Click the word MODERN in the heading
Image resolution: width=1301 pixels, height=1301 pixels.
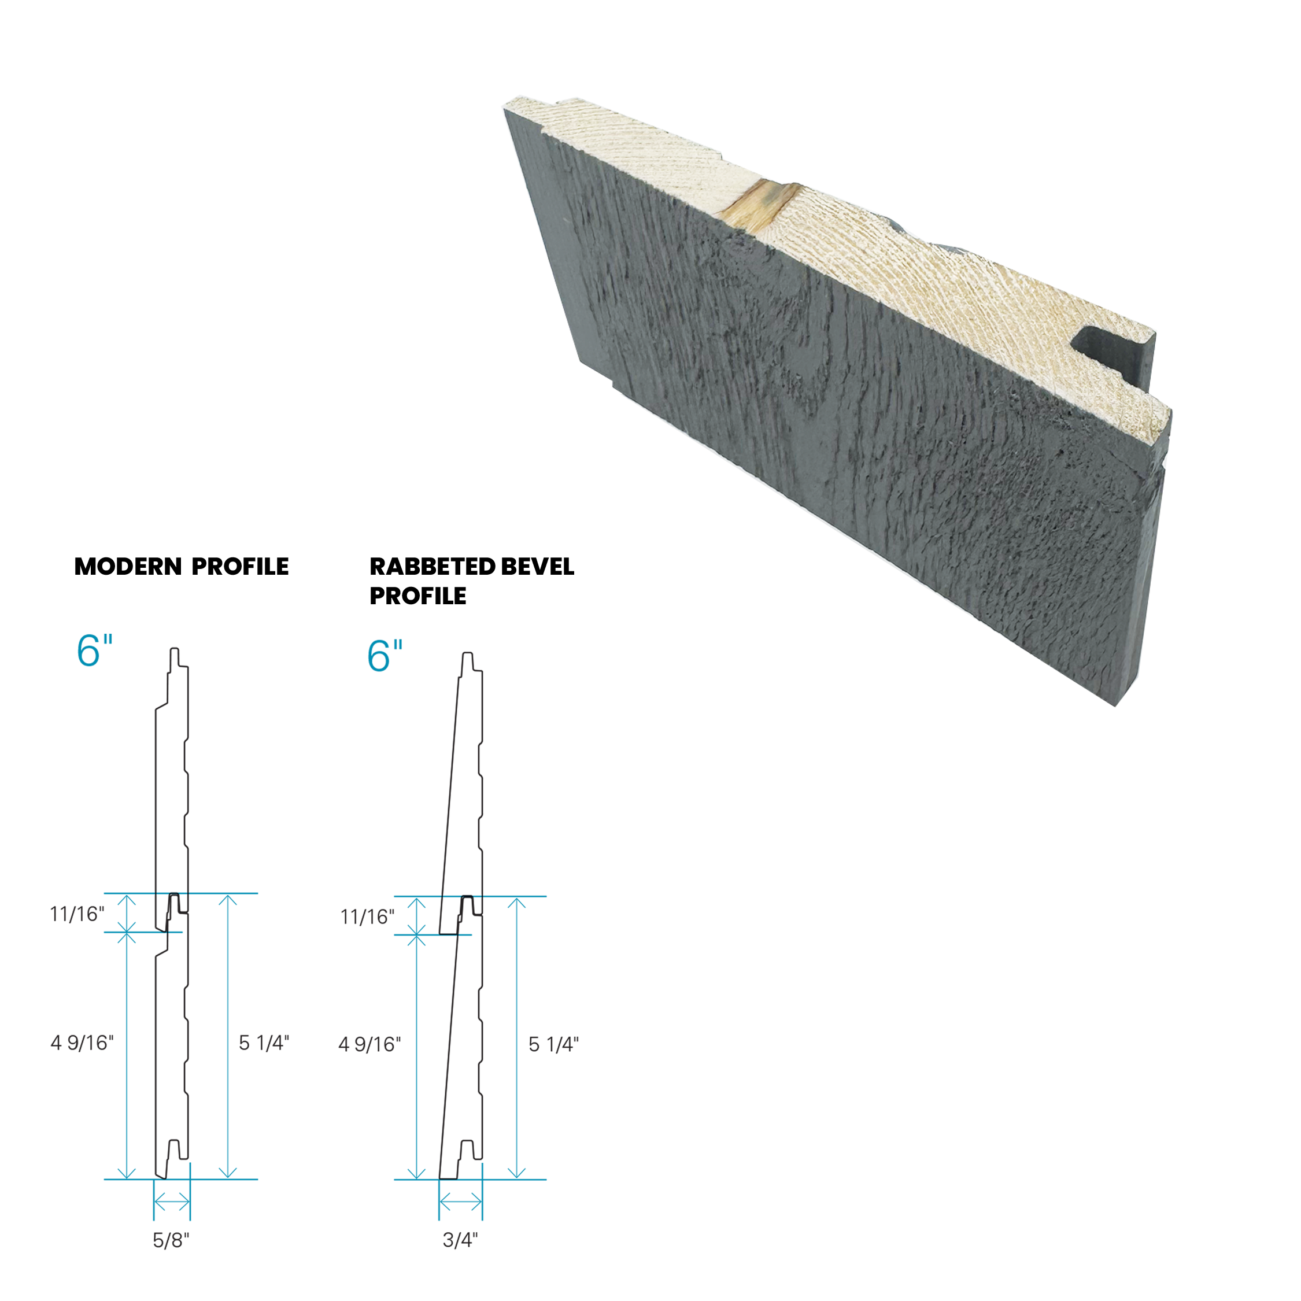pyautogui.click(x=127, y=567)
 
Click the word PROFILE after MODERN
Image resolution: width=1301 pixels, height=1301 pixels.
pyautogui.click(x=240, y=567)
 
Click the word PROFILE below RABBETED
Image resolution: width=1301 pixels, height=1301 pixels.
pyautogui.click(x=417, y=596)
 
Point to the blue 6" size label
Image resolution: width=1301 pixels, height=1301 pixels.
pyautogui.click(x=94, y=650)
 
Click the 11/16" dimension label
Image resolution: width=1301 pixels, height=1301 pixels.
pyautogui.click(x=77, y=915)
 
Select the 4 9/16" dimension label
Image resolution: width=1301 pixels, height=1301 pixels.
pyautogui.click(x=82, y=1043)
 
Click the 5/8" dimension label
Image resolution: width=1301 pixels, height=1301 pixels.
pyautogui.click(x=171, y=1240)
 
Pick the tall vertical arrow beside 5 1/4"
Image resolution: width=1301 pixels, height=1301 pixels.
pyautogui.click(x=228, y=1036)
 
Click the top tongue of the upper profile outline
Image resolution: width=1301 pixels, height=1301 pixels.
pyautogui.click(x=175, y=656)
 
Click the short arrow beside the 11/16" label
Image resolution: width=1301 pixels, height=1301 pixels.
pyautogui.click(x=127, y=913)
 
